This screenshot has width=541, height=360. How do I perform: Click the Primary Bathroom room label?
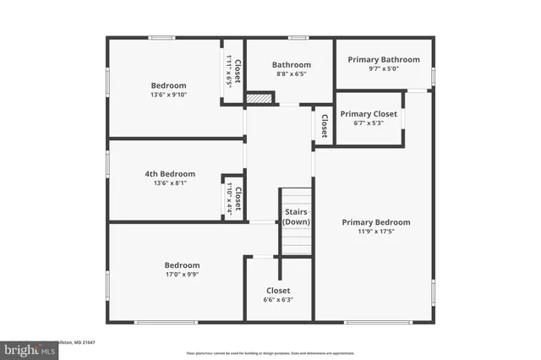coord(384,60)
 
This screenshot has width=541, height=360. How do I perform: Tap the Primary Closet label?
coord(369,113)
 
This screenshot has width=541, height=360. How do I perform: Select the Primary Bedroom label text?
coord(376,222)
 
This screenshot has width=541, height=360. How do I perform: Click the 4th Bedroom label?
coord(170,174)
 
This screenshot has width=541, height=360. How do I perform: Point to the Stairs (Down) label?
coord(296,216)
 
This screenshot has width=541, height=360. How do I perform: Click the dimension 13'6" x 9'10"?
coord(169,95)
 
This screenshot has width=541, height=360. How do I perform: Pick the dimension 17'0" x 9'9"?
coord(182,274)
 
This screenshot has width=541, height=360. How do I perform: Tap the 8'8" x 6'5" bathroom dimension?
coord(291,74)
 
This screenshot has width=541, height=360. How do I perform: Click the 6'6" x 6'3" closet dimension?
coord(278,299)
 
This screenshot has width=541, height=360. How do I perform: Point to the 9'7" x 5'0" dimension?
coord(384,69)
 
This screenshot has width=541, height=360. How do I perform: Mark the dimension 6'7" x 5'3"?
coord(369,123)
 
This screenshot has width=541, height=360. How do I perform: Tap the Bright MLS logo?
coord(26,348)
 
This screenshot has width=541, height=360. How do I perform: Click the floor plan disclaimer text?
coord(271,352)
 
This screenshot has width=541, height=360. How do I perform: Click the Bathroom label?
coord(291,65)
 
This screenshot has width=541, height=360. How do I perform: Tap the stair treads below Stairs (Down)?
coord(296,241)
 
